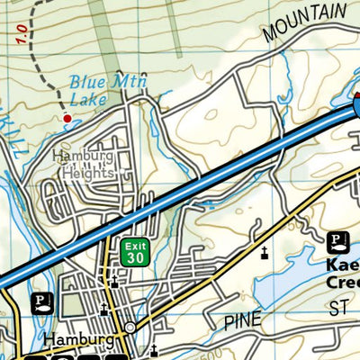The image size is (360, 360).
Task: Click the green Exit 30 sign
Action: tap(135, 252)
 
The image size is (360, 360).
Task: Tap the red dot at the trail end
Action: tap(67, 118)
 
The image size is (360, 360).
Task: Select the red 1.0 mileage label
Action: tap(19, 37)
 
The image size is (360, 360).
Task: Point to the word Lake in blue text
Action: tap(90, 99)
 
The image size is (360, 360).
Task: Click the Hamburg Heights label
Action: tap(83, 163)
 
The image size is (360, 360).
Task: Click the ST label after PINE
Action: tap(338, 309)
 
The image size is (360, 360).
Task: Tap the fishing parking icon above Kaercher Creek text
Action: tap(337, 241)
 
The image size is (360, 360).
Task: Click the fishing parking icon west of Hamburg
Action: tap(41, 302)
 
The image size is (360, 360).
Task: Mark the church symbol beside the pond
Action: tap(265, 253)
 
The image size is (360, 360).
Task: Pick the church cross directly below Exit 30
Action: tap(114, 282)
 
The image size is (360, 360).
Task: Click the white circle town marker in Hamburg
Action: tap(131, 328)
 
